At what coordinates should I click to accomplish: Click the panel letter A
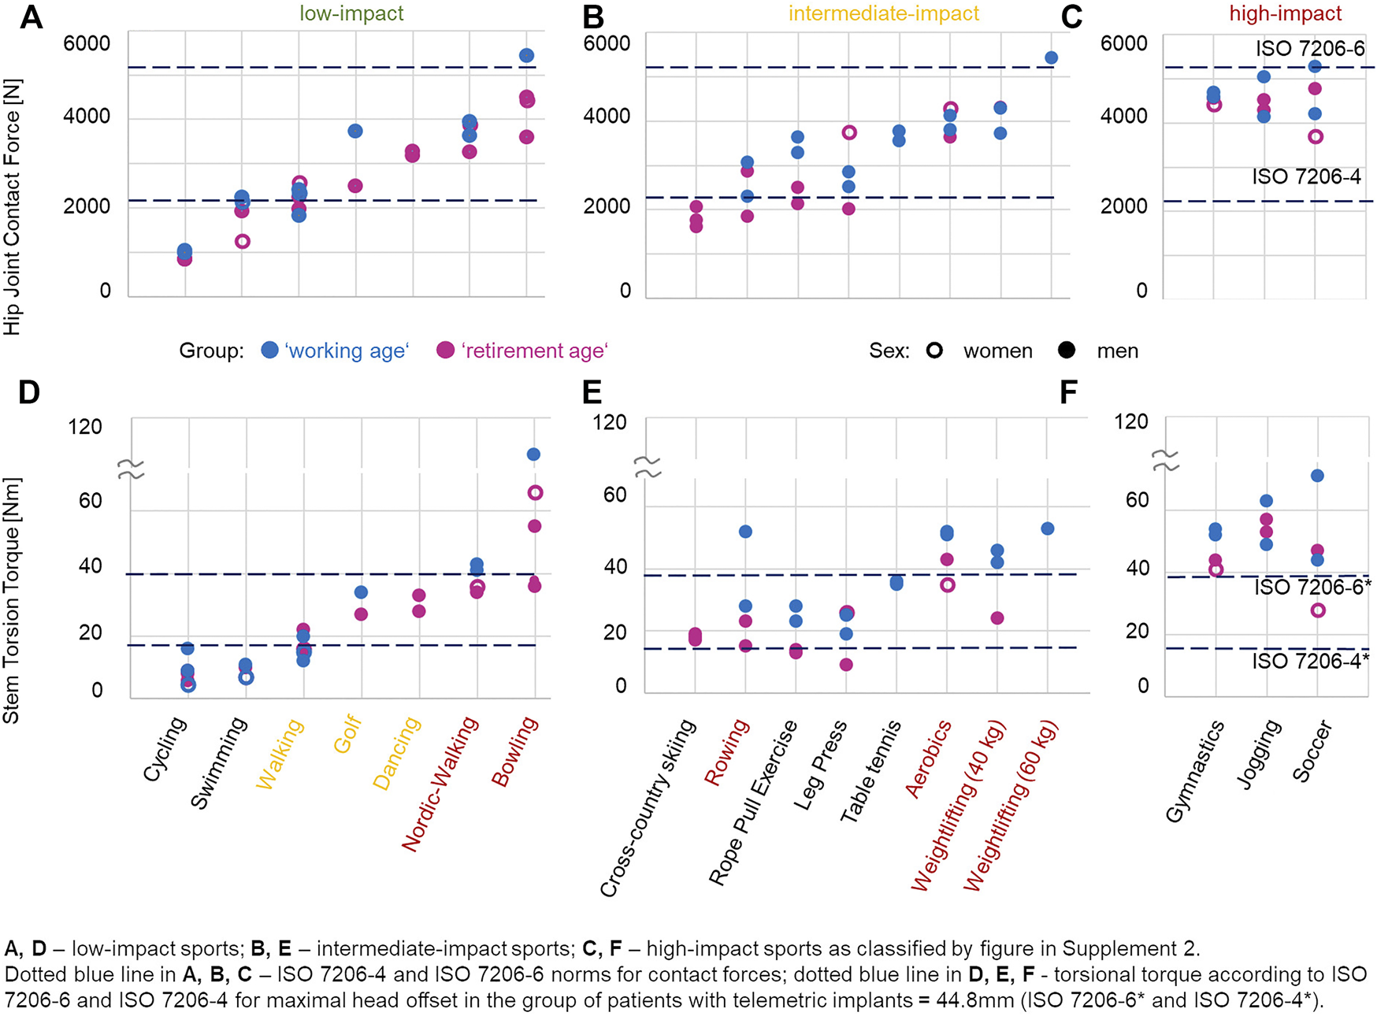pyautogui.click(x=31, y=17)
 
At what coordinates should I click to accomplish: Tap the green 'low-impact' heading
pyautogui.click(x=351, y=13)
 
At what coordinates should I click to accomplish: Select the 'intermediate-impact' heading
pyautogui.click(x=884, y=13)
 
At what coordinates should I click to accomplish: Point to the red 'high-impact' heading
pyautogui.click(x=1286, y=13)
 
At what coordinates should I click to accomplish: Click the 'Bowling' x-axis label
pyautogui.click(x=515, y=751)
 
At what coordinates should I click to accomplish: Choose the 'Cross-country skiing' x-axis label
pyautogui.click(x=648, y=808)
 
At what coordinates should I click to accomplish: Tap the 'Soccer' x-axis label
pyautogui.click(x=1312, y=751)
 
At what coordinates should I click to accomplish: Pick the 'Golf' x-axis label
pyautogui.click(x=347, y=734)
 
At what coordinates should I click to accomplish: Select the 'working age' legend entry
pyautogui.click(x=335, y=350)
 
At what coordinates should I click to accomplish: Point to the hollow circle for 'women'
pyautogui.click(x=934, y=350)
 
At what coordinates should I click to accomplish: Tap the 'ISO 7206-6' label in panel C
pyautogui.click(x=1310, y=49)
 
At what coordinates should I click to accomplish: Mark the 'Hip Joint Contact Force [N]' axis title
pyautogui.click(x=12, y=206)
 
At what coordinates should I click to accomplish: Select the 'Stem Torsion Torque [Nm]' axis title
pyautogui.click(x=12, y=600)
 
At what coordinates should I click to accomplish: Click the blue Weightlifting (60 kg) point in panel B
pyautogui.click(x=1051, y=57)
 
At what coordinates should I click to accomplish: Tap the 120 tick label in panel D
pyautogui.click(x=85, y=427)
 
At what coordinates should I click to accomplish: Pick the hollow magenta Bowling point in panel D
pyautogui.click(x=535, y=493)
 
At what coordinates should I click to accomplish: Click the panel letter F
pyautogui.click(x=1068, y=392)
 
